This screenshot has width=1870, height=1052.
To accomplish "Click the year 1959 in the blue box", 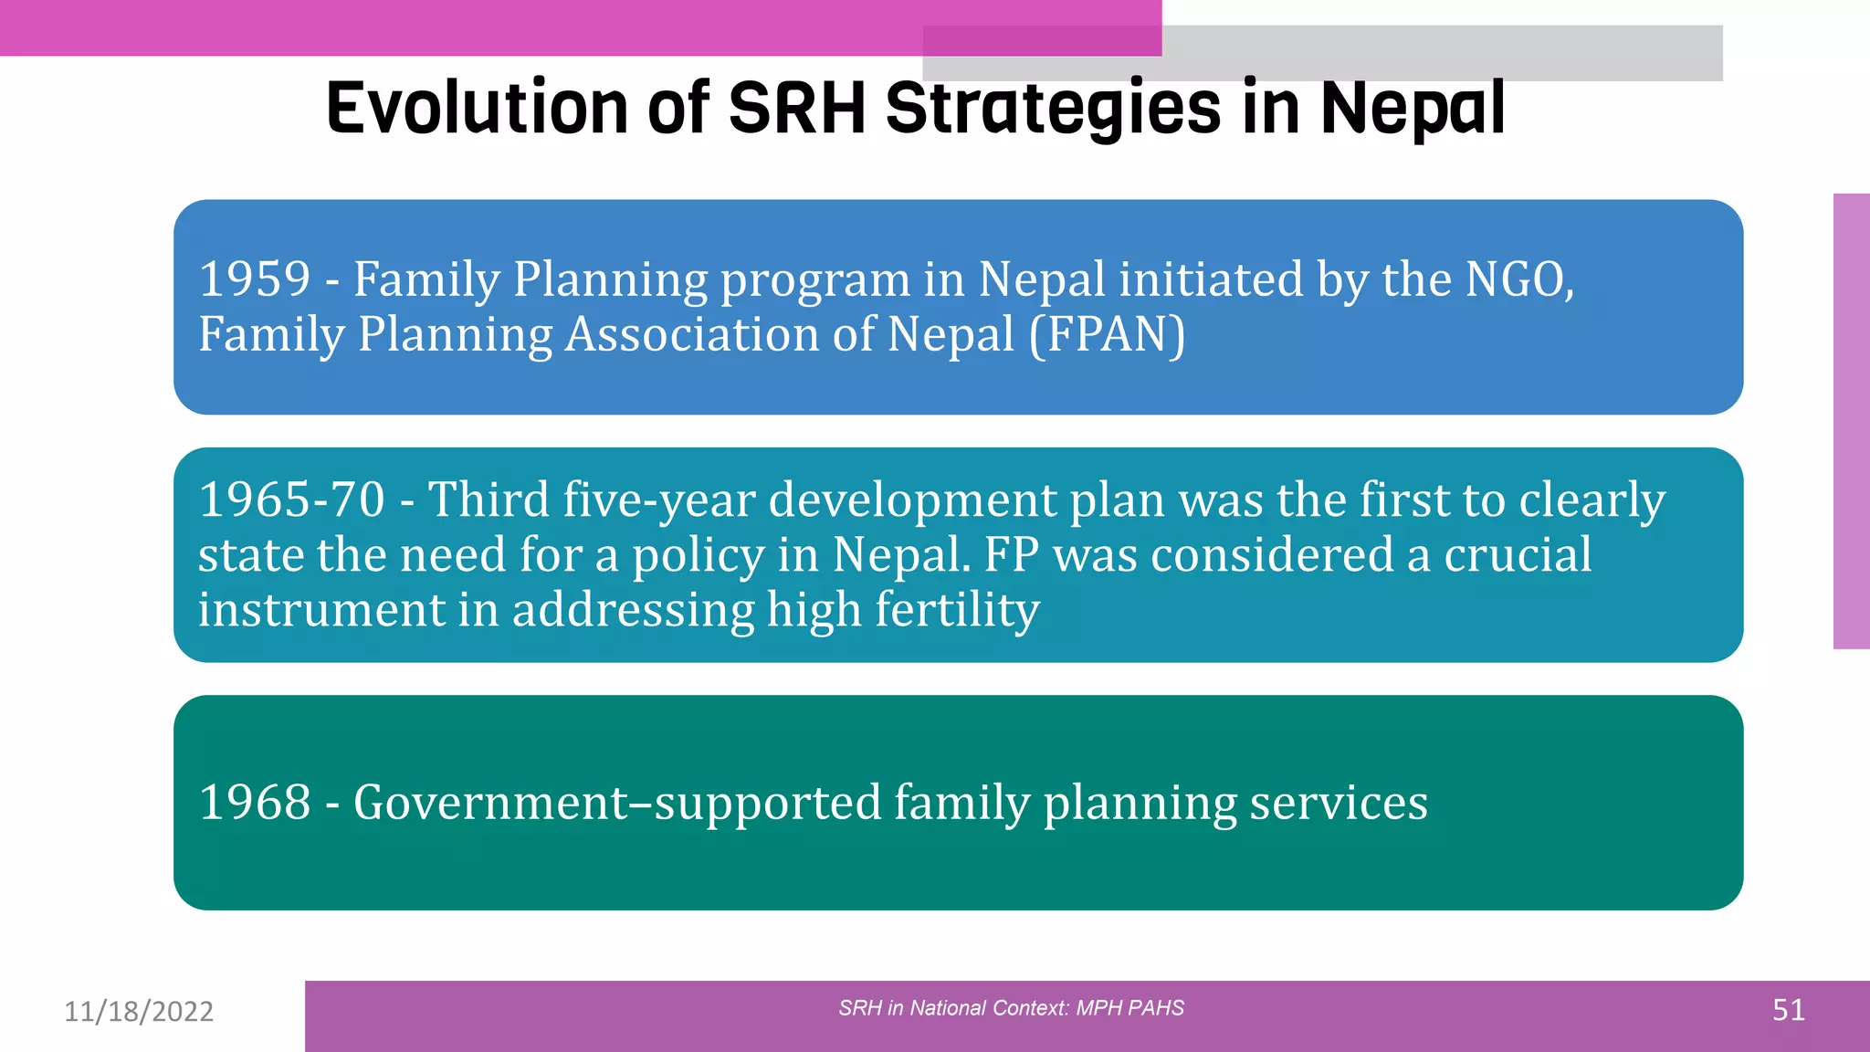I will point(255,279).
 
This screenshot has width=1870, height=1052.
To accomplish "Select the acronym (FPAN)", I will point(1107,334).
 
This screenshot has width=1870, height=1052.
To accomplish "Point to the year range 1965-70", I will point(291,500).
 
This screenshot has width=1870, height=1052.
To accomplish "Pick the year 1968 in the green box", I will point(255,803).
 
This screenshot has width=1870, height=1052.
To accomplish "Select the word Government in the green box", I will point(490,803).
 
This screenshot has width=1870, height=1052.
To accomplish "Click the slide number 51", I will point(1788,1010).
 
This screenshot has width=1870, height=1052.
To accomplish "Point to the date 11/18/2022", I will point(139,1012).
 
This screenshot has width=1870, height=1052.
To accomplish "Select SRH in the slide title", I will point(796,108).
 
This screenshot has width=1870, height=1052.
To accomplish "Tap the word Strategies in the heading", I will point(1053,108).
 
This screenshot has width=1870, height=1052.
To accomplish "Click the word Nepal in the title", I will point(1412,108).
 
